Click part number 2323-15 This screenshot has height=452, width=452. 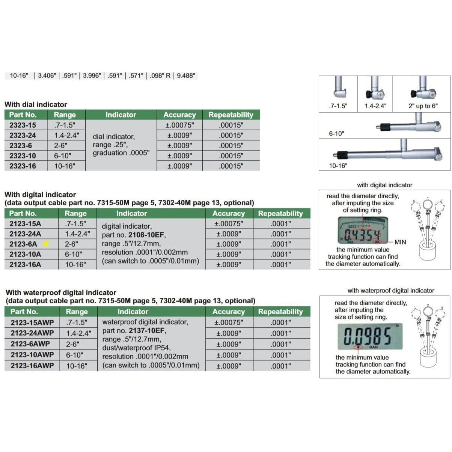click(x=23, y=125)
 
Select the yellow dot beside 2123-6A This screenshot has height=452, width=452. click(x=46, y=244)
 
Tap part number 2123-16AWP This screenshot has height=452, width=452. click(x=32, y=366)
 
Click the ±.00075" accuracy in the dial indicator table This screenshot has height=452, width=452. click(x=179, y=125)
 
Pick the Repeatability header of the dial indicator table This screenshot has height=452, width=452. click(x=231, y=115)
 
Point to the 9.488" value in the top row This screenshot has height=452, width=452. click(x=186, y=75)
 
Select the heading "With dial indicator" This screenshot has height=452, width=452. click(x=36, y=104)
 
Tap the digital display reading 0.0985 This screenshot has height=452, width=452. click(x=368, y=336)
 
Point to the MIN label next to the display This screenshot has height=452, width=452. click(x=400, y=242)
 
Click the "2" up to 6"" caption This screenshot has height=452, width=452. click(x=423, y=106)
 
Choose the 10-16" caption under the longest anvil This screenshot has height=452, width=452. click(x=338, y=166)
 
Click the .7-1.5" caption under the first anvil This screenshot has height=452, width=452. click(x=338, y=106)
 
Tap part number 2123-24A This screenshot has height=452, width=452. click(x=25, y=234)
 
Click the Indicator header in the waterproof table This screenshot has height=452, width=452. click(x=133, y=312)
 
